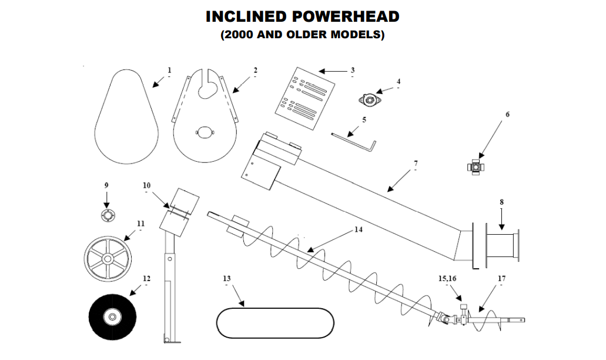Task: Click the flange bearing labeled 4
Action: click(x=370, y=101)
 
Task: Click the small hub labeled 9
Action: click(x=106, y=216)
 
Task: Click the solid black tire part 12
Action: click(x=111, y=317)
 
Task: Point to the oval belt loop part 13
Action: click(x=274, y=321)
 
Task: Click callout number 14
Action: click(x=359, y=229)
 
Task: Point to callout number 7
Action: click(x=416, y=162)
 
